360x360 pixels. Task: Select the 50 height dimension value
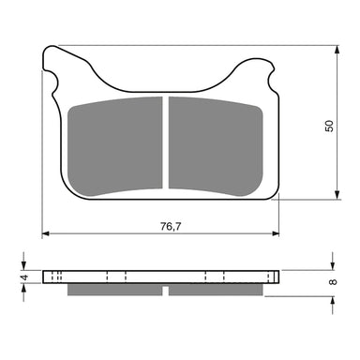pos(327,125)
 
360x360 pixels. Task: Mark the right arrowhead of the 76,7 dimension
pos(277,232)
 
